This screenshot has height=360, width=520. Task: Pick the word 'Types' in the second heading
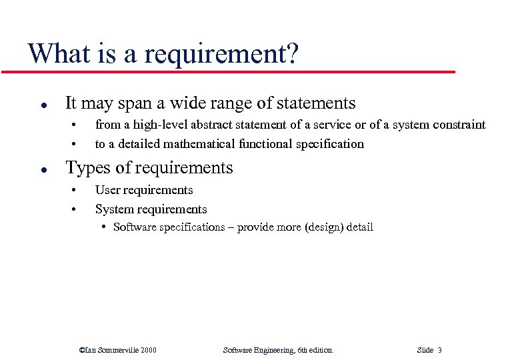87,167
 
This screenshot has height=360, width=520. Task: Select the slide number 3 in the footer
440,350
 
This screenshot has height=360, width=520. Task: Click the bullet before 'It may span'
43,105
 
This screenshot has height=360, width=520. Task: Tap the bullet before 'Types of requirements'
43,169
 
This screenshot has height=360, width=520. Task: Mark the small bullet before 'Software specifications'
105,227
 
